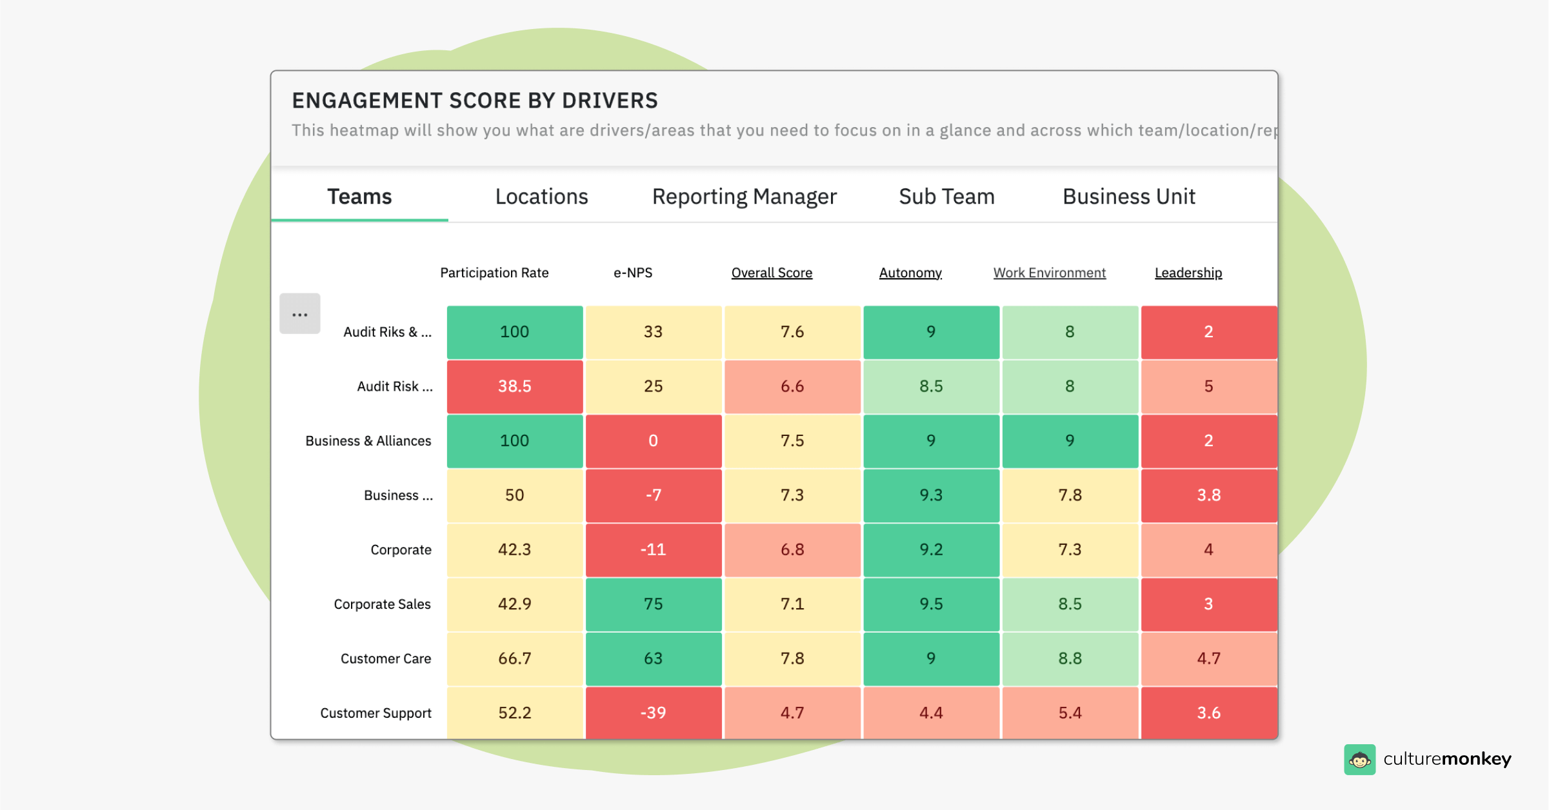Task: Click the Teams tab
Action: [x=359, y=197]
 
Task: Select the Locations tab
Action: [x=541, y=197]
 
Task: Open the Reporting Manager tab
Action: [x=744, y=197]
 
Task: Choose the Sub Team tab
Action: [x=946, y=197]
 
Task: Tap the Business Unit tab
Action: [x=1128, y=197]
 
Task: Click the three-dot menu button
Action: [x=300, y=314]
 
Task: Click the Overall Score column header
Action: [x=772, y=273]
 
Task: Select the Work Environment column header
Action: [x=1049, y=273]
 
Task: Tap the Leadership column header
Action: [x=1188, y=273]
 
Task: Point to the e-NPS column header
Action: [x=632, y=273]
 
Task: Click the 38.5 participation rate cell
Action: [x=514, y=386]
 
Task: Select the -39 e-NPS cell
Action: [x=653, y=713]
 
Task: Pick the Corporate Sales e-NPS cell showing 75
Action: [x=653, y=604]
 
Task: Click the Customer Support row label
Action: [x=375, y=713]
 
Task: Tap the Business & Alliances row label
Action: [x=368, y=441]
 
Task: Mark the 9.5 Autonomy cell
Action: [x=930, y=604]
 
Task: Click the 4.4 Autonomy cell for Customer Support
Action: [x=930, y=713]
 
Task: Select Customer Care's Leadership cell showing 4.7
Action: [x=1208, y=658]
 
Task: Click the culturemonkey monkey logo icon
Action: [x=1359, y=760]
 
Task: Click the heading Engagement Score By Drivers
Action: [x=474, y=101]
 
